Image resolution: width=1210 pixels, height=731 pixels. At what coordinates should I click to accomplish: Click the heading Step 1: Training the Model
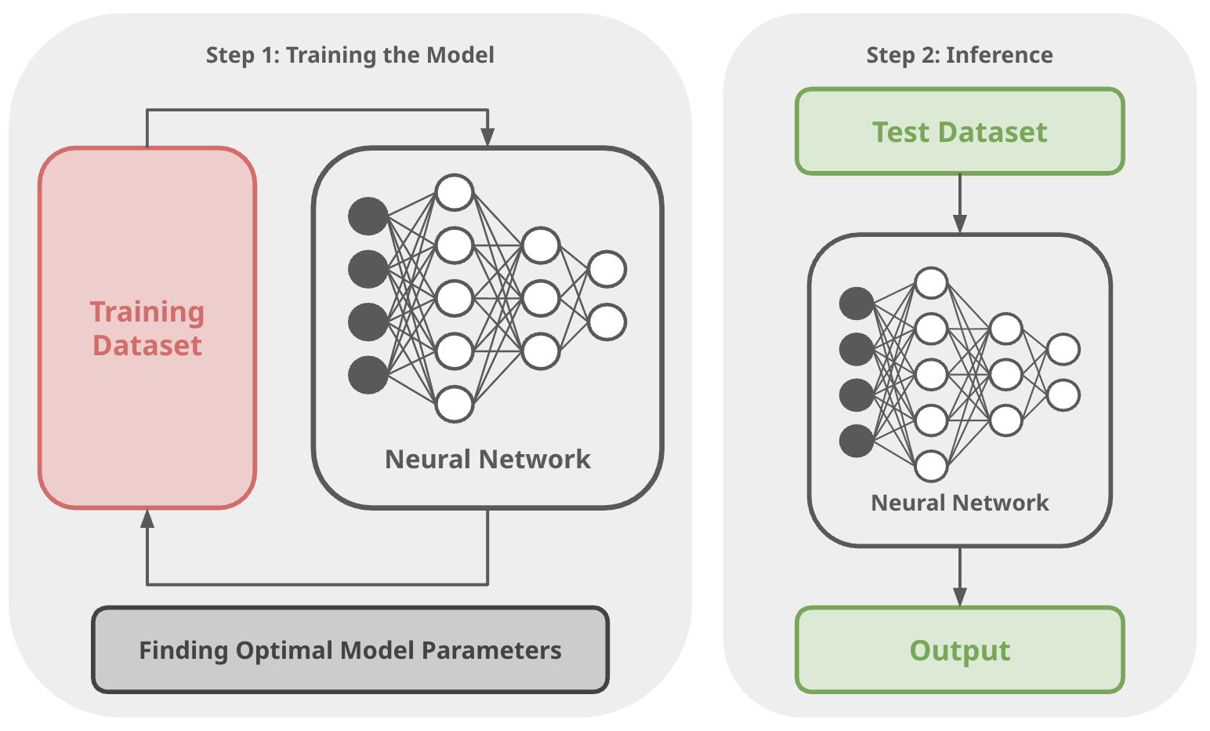350,55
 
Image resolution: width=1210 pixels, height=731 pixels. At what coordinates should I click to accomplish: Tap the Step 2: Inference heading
959,55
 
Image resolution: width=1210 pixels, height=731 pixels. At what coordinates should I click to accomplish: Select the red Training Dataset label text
147,329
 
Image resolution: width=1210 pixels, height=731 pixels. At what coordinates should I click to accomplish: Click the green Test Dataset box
959,132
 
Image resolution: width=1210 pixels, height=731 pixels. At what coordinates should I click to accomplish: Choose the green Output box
959,650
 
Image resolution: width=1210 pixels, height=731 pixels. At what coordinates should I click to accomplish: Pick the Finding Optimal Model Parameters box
350,650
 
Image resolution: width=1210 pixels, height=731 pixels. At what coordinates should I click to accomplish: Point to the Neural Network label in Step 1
487,459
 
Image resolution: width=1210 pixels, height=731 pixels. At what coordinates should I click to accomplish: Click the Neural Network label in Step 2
959,503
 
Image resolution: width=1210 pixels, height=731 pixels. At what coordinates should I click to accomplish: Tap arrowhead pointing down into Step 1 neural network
487,138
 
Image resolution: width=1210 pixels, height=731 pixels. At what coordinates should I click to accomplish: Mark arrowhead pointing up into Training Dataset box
147,518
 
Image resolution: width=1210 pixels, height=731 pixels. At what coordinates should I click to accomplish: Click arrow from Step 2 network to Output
960,577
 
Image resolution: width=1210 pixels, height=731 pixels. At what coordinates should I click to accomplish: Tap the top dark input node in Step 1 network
368,216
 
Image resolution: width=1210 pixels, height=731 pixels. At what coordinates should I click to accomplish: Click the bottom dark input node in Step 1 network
368,375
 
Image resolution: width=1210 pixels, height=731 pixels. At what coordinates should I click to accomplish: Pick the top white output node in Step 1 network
607,269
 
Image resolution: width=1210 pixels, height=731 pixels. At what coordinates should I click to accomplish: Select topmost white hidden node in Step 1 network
455,192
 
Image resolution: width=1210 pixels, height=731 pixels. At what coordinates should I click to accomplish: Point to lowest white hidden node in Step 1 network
455,404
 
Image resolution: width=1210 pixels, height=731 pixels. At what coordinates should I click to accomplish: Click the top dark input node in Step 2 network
857,304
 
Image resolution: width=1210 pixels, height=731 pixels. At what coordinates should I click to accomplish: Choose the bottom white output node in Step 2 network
1063,395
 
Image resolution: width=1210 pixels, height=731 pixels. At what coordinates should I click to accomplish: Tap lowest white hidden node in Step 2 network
931,466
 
